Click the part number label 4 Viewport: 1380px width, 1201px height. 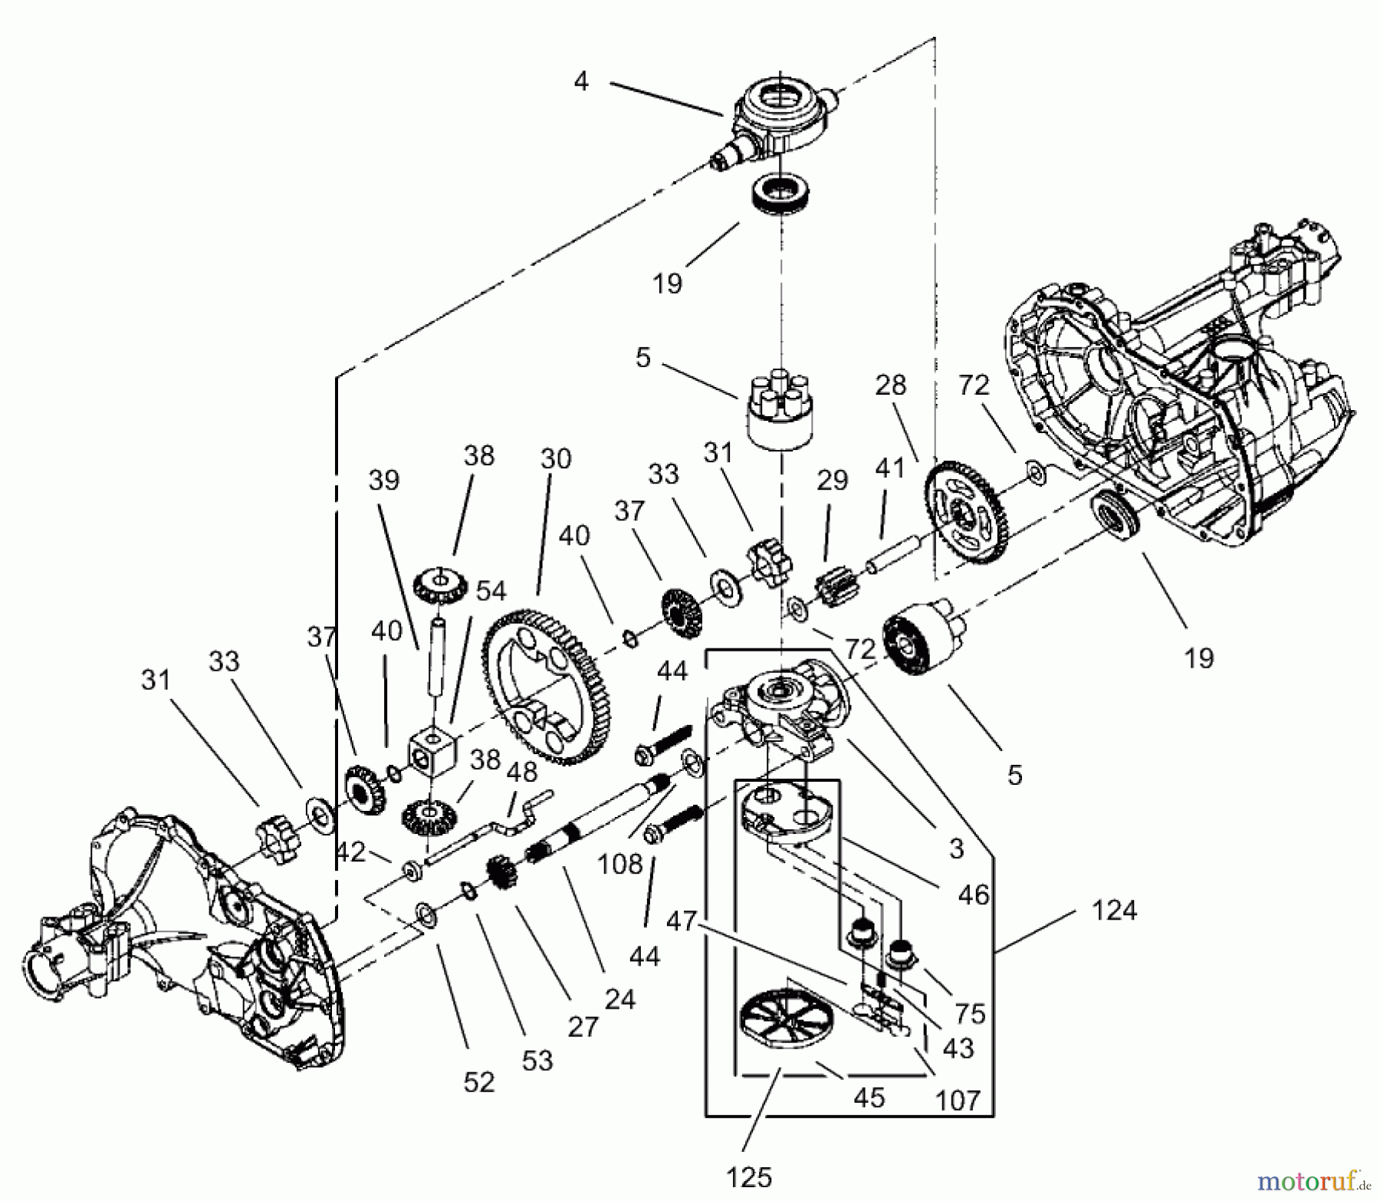click(581, 81)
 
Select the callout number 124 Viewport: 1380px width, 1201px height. click(1114, 911)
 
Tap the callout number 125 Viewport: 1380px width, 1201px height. click(749, 1176)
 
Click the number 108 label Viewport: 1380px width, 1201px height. click(619, 864)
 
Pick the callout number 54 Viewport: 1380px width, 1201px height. click(491, 591)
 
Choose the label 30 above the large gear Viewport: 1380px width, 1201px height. click(556, 459)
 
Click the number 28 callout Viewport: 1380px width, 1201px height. click(890, 385)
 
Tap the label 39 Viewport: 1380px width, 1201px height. click(384, 480)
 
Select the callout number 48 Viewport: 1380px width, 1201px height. click(522, 771)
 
